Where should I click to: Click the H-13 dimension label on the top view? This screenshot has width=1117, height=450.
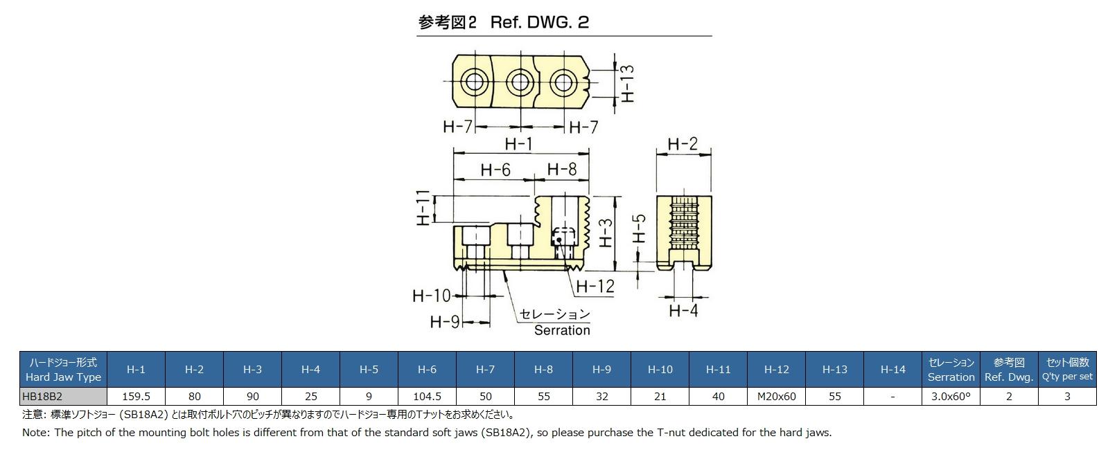point(627,83)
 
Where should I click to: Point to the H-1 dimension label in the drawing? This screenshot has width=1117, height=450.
point(518,144)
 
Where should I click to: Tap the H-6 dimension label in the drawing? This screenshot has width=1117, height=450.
point(495,170)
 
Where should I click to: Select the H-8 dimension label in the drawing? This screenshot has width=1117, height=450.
point(561,170)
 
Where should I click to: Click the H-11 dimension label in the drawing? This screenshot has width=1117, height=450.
point(424,208)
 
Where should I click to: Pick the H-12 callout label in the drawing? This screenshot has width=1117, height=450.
point(595,286)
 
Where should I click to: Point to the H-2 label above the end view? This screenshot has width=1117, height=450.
point(683,144)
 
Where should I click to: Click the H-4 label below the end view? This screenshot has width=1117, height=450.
point(683,310)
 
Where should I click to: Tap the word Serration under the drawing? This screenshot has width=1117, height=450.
point(562,330)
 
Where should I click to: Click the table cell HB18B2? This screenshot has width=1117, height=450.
point(63,397)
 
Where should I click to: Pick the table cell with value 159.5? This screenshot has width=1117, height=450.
point(136,397)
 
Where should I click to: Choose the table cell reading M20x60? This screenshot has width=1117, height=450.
point(776,397)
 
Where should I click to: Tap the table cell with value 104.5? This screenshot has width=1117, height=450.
point(427,397)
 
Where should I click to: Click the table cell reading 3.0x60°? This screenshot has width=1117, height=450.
point(951,397)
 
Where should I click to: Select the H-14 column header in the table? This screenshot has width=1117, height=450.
point(892,370)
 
